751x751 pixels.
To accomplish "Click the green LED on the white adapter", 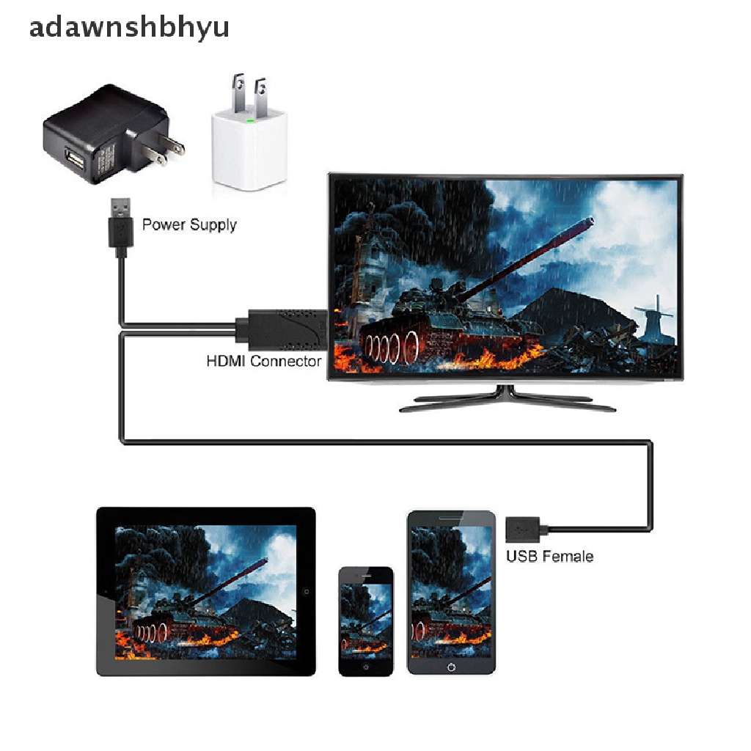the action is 251,117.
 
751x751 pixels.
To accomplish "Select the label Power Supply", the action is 189,224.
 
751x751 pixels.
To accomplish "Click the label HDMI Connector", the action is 263,361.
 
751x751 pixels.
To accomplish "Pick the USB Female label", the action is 549,556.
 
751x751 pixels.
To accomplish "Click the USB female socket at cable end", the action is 522,527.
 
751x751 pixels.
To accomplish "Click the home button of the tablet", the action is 306,590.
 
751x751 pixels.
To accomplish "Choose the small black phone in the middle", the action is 365,620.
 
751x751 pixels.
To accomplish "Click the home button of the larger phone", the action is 450,667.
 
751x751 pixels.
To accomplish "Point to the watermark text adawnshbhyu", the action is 129,26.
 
